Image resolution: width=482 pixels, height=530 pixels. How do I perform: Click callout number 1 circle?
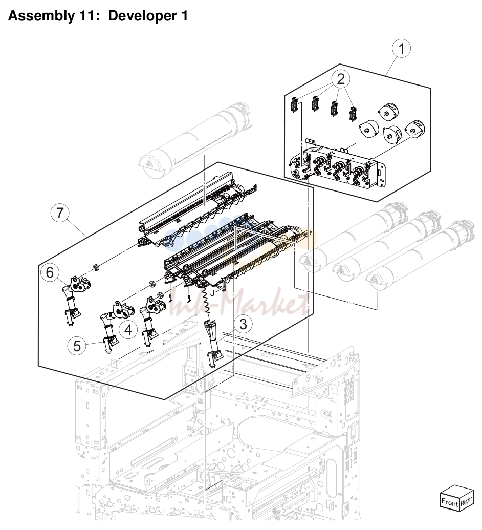[401, 49]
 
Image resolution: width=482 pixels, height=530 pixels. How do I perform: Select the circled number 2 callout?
[341, 79]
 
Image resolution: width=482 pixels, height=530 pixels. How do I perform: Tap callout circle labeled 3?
[243, 324]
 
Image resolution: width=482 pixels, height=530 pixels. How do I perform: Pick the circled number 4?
[128, 329]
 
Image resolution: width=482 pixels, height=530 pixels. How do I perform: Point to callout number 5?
[77, 346]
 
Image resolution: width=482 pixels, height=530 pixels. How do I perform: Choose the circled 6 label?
[50, 272]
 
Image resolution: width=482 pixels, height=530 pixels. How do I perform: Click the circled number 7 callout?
[60, 214]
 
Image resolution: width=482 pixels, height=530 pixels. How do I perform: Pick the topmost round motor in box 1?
[388, 111]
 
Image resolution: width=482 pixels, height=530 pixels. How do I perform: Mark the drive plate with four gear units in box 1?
[338, 163]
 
